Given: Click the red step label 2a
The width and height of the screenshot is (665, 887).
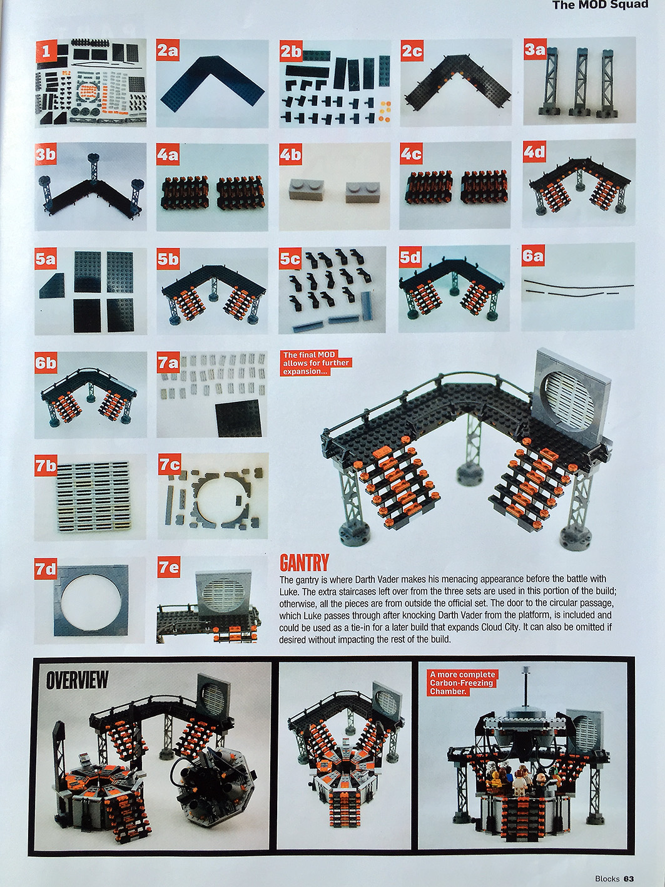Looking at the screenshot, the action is pos(168,53).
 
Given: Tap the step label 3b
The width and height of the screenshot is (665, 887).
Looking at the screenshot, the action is pos(45,155).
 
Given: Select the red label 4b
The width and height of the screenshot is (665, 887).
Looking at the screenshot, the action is pos(290,155).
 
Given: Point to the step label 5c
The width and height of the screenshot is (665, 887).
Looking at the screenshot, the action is pos(290,259).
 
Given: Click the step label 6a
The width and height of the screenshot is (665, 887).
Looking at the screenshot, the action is pos(532,256).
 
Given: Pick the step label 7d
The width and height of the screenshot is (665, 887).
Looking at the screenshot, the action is pos(45,569).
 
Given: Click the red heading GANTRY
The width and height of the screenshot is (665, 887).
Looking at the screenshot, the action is pos(305,563).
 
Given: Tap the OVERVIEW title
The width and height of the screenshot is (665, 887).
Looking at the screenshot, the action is pos(77,679).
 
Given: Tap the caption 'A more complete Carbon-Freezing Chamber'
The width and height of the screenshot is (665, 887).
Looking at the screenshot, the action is pos(462,683).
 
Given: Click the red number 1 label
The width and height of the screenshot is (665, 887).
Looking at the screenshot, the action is pos(46,51).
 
